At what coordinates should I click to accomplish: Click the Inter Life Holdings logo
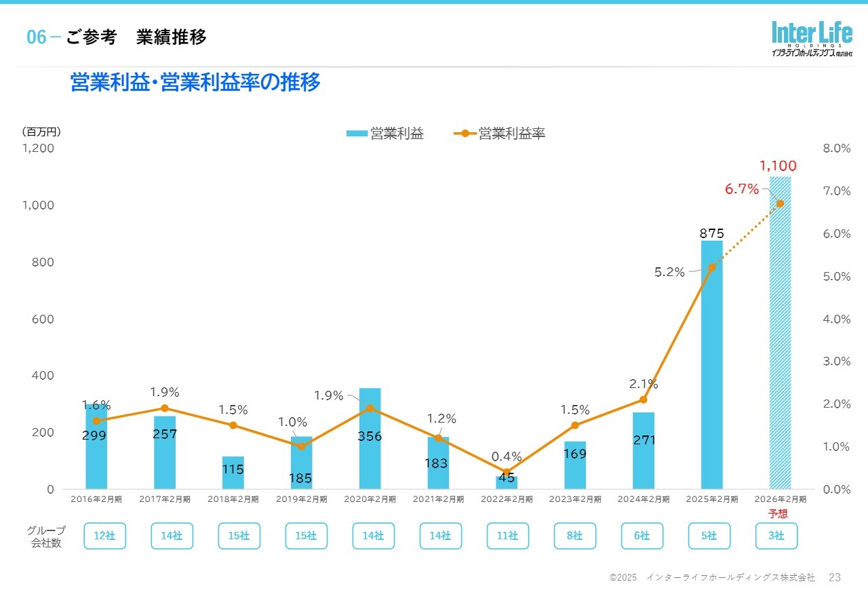811,39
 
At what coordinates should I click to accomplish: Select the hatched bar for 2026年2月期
780,332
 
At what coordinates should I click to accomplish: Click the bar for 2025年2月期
711,366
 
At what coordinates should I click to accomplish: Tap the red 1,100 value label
778,166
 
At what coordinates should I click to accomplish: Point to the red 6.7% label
742,189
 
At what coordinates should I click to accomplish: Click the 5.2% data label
669,272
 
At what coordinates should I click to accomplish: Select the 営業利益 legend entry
385,134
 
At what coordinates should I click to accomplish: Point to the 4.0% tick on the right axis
836,319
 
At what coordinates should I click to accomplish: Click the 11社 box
507,536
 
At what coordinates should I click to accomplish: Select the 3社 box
776,536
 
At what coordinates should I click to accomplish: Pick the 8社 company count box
574,536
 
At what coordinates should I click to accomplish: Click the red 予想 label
778,514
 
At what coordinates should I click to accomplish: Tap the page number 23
835,577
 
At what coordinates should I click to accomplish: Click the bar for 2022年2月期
507,482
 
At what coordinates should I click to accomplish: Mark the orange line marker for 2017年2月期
165,408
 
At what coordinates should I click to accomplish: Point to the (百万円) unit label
41,132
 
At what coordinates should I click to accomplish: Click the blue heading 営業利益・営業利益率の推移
195,83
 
